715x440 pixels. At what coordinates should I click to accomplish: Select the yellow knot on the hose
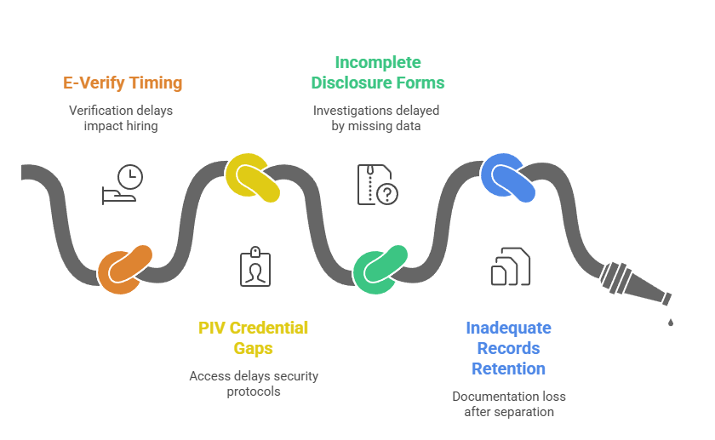(x=253, y=177)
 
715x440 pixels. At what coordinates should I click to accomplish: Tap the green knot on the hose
(x=380, y=270)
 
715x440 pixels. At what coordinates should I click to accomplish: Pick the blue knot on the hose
(x=508, y=177)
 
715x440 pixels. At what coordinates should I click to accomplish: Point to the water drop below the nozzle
(x=671, y=322)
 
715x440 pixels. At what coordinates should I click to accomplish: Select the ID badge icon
(x=255, y=266)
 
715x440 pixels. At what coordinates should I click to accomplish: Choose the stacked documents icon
(x=510, y=266)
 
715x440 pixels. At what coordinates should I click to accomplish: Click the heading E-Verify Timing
(x=123, y=83)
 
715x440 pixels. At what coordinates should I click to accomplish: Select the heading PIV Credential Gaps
(x=254, y=338)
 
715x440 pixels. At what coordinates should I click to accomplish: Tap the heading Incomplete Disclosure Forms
(x=378, y=72)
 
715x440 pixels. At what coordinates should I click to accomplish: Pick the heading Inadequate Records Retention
(x=509, y=348)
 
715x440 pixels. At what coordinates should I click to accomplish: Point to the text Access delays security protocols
(x=254, y=383)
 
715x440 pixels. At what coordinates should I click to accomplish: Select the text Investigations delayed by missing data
(x=375, y=117)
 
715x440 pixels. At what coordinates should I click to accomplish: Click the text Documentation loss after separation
(x=509, y=403)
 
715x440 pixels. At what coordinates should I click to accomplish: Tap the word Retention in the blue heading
(x=509, y=369)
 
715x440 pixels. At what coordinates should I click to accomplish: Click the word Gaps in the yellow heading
(x=254, y=348)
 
